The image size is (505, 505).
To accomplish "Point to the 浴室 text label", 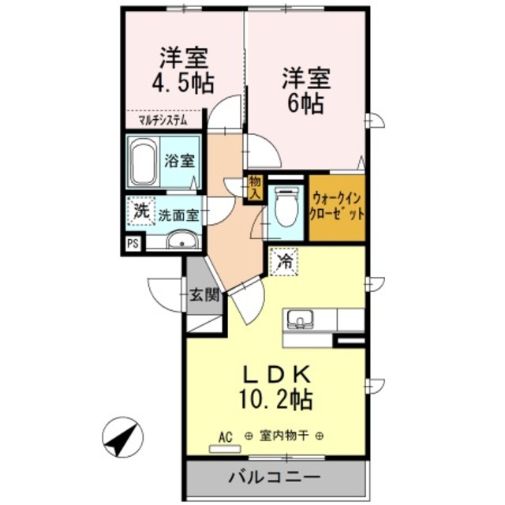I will coord(180,161).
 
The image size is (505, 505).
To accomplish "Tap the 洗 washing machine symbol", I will coord(140,211).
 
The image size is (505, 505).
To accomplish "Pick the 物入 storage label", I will coord(254,187).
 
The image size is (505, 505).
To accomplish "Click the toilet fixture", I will coord(286,207).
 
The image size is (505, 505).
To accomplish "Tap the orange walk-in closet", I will coord(337,207).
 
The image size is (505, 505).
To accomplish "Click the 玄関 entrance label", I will coord(204,296).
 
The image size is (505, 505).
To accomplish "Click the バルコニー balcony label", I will coord(275,478).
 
